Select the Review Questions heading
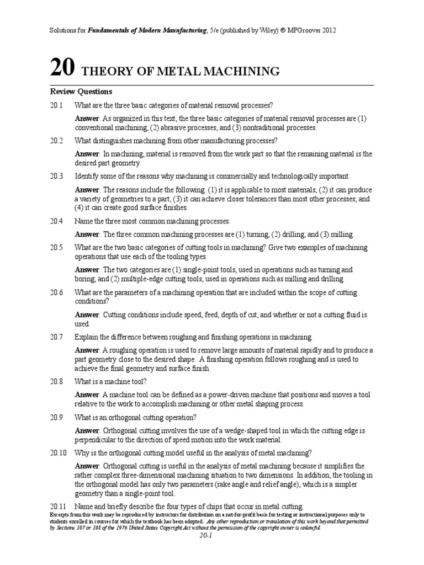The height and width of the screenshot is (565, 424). pyautogui.click(x=81, y=92)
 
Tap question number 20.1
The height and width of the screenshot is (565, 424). pyautogui.click(x=57, y=105)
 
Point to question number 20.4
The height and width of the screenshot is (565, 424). pyautogui.click(x=57, y=221)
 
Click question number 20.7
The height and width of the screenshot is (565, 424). pyautogui.click(x=57, y=337)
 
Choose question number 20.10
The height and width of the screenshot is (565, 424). pyautogui.click(x=59, y=452)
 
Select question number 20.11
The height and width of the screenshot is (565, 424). pyautogui.click(x=59, y=506)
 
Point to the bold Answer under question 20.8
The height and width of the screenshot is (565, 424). pyautogui.click(x=87, y=395)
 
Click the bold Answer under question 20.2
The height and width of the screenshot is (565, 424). pyautogui.click(x=87, y=154)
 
